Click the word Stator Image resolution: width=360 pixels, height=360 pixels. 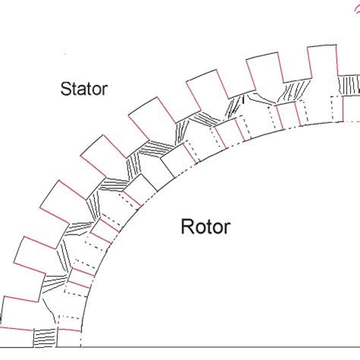[84, 89]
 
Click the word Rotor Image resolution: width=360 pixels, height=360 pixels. [206, 226]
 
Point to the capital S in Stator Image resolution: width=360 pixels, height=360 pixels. [65, 89]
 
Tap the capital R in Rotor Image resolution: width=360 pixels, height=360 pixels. [187, 226]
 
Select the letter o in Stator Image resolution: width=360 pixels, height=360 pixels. [95, 90]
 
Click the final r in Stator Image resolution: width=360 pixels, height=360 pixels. [105, 90]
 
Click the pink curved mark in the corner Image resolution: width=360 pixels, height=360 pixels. [357, 10]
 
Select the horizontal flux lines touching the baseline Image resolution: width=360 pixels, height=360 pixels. [45, 338]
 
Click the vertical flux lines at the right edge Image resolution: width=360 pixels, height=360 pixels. [349, 85]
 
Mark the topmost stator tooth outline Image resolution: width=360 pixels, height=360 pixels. [322, 62]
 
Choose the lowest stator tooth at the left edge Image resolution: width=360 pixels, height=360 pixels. [19, 314]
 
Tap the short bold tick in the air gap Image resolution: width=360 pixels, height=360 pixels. [244, 100]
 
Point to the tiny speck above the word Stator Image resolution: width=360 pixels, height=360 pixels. [65, 54]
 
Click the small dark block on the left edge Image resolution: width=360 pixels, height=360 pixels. [1, 319]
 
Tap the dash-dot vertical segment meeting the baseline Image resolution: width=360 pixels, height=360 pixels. [81, 339]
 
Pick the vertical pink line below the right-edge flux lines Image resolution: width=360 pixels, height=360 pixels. [343, 109]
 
